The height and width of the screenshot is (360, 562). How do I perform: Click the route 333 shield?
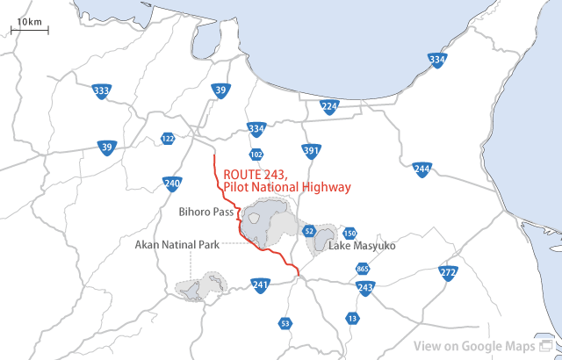point(102,90)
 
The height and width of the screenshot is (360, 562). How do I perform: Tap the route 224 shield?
point(329,107)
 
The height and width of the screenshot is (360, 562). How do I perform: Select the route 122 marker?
point(168,138)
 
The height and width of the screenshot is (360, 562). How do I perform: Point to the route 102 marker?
point(256,155)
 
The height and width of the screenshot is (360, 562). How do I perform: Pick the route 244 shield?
point(421,169)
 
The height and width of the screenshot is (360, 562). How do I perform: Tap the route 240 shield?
point(172,184)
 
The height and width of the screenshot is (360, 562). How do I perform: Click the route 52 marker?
point(308,231)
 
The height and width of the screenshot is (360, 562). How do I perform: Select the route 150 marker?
point(349,233)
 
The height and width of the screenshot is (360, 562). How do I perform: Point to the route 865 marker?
point(363,269)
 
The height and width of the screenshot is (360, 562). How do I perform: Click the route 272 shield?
point(448,273)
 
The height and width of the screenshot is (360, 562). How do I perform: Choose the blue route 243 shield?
point(366,287)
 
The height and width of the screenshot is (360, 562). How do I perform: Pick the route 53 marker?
point(285,323)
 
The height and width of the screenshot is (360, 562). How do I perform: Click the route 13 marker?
point(352,318)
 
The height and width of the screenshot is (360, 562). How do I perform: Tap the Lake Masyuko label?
point(363,246)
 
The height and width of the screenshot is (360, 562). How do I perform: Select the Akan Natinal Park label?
point(177,245)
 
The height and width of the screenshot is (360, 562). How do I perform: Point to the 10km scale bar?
point(29,27)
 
